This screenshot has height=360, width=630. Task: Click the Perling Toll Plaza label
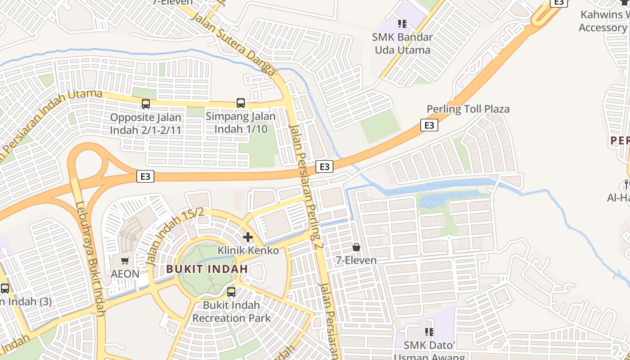click(x=468, y=109)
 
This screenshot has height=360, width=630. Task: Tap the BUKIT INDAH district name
click(x=207, y=269)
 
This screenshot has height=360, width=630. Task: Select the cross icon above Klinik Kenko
click(x=248, y=237)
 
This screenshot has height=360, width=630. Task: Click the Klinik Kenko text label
click(x=248, y=250)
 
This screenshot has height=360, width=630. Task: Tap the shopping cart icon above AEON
click(x=125, y=261)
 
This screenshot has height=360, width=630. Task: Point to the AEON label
click(x=125, y=274)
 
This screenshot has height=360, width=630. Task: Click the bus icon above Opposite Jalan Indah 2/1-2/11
click(x=146, y=104)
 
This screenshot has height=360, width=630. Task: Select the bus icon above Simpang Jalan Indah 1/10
click(x=241, y=103)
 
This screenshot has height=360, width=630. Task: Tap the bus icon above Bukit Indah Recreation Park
click(x=231, y=292)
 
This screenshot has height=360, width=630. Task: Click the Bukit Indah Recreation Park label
click(x=231, y=311)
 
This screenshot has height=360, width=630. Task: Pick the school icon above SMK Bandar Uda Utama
click(x=402, y=23)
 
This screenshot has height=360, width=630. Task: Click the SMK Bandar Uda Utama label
click(x=402, y=43)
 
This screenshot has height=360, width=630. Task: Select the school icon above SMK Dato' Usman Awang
click(x=429, y=332)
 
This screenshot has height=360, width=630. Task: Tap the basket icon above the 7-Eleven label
click(x=356, y=247)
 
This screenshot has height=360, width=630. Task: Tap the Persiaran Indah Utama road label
click(x=49, y=121)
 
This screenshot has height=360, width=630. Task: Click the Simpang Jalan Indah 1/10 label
click(x=241, y=122)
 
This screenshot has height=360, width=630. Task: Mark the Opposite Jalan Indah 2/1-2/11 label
click(x=146, y=124)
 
